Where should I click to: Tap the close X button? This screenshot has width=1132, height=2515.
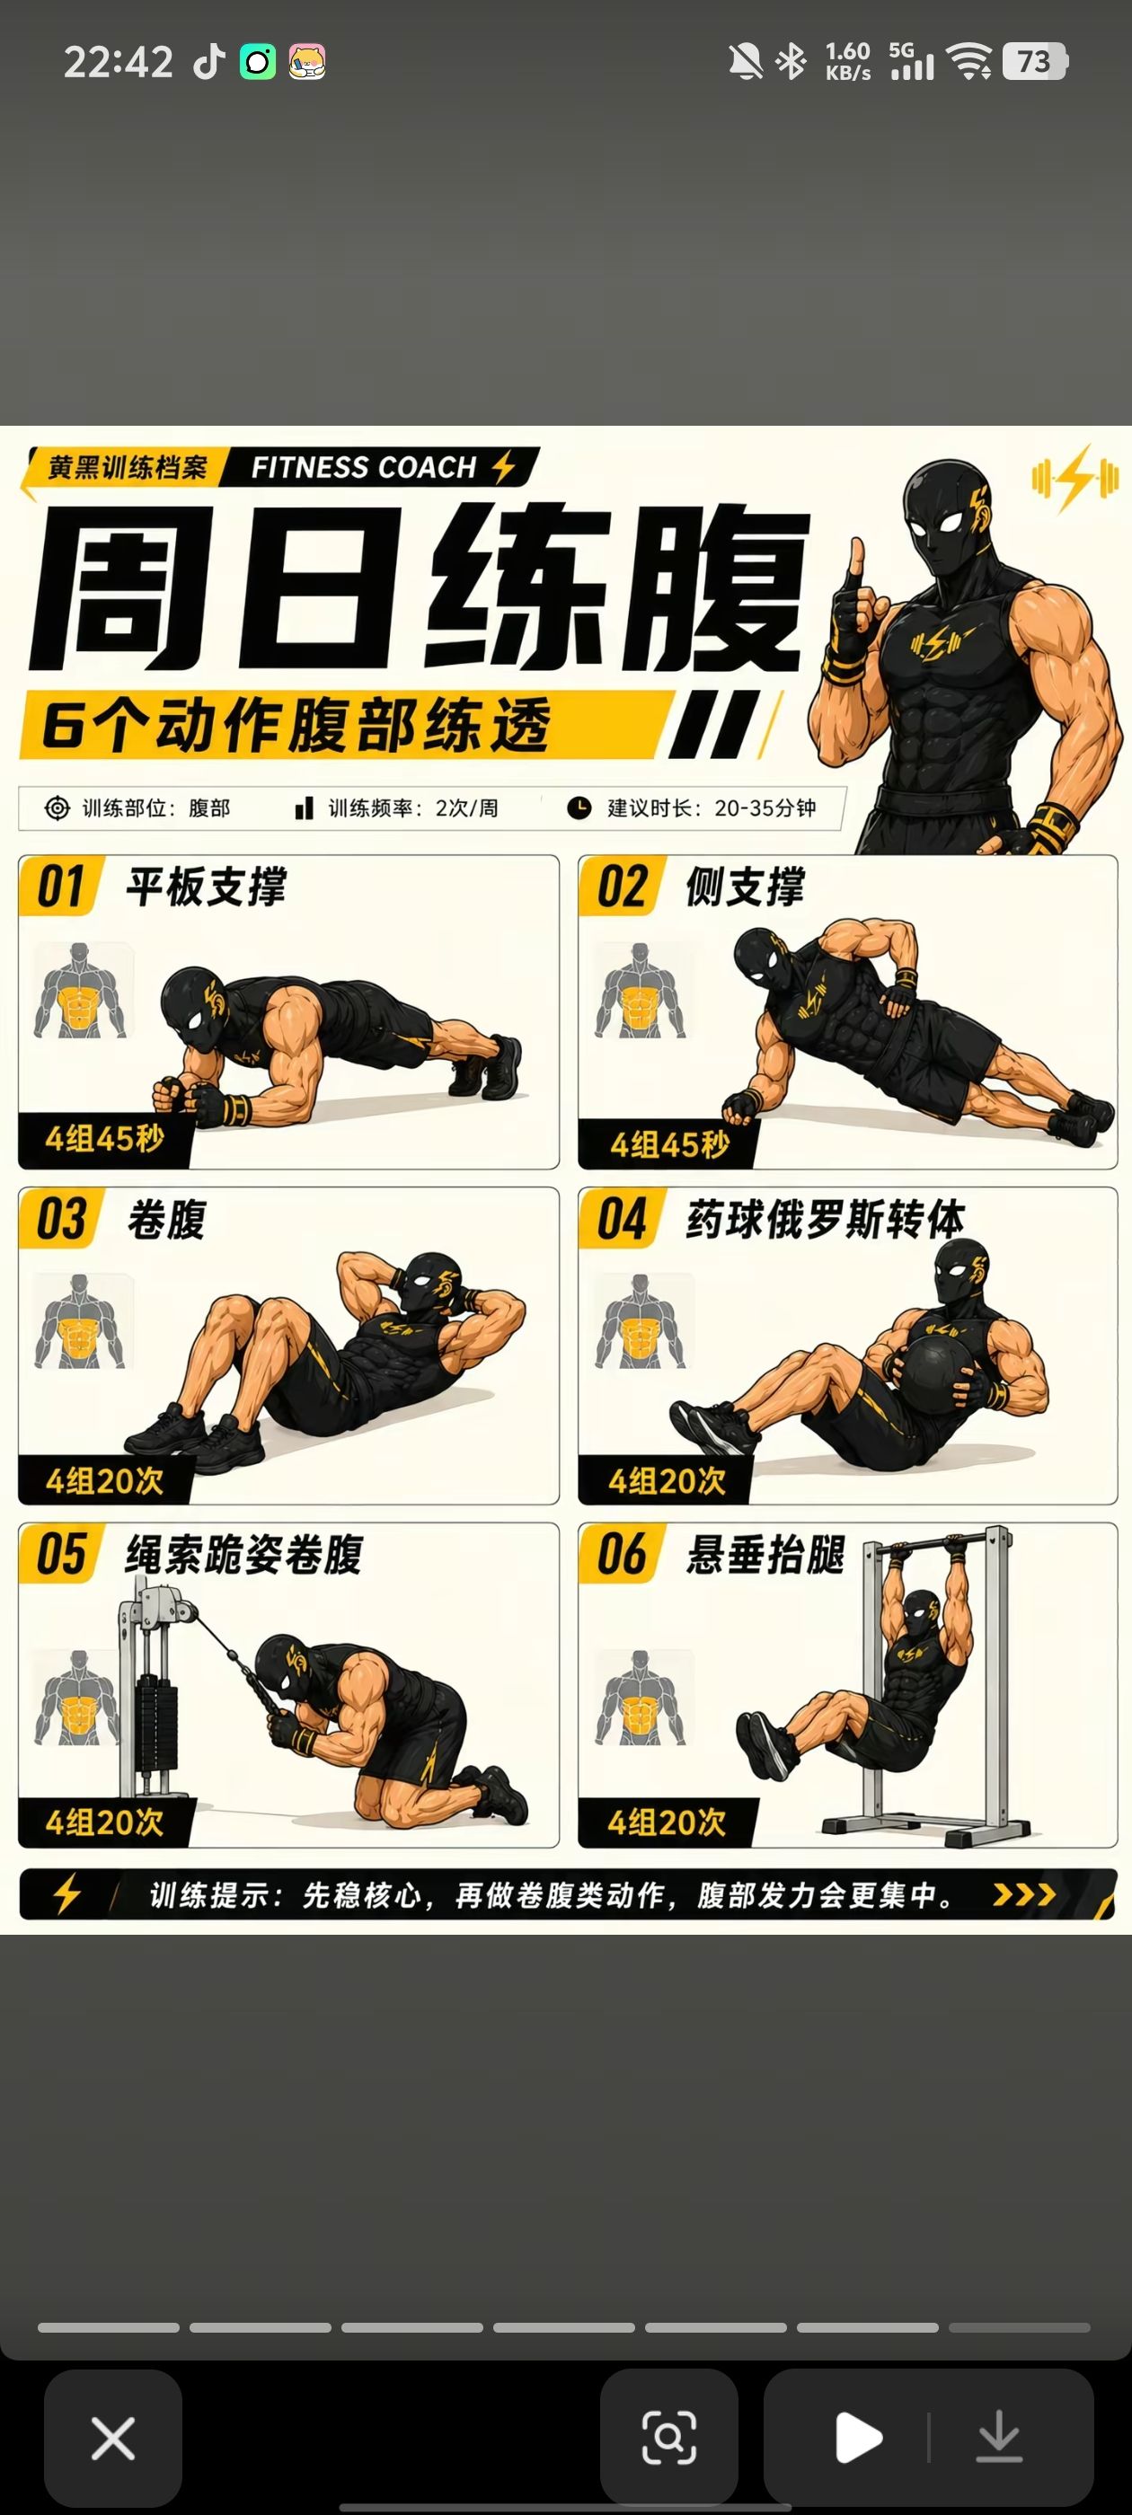(x=112, y=2438)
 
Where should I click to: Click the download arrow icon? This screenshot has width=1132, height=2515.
(x=998, y=2438)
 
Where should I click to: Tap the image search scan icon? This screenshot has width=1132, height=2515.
(x=669, y=2438)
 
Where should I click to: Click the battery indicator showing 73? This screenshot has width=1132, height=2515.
(x=1035, y=61)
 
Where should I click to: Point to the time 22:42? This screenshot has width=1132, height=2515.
(x=119, y=63)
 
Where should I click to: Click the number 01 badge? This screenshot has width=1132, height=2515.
(x=60, y=887)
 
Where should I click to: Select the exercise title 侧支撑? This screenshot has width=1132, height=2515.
(x=745, y=887)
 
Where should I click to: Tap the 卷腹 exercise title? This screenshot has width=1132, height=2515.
(x=166, y=1220)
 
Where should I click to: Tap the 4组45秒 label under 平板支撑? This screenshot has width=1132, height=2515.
(x=104, y=1138)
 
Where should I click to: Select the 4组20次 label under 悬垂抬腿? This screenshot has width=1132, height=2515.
(x=668, y=1822)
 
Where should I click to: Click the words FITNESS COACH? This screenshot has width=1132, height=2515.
(x=363, y=468)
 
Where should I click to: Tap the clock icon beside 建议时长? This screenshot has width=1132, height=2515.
(x=579, y=807)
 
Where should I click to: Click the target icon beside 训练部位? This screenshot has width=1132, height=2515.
(x=57, y=808)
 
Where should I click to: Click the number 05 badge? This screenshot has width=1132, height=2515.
(x=60, y=1553)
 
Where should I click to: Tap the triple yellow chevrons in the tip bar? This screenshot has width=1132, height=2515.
(x=1023, y=1895)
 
